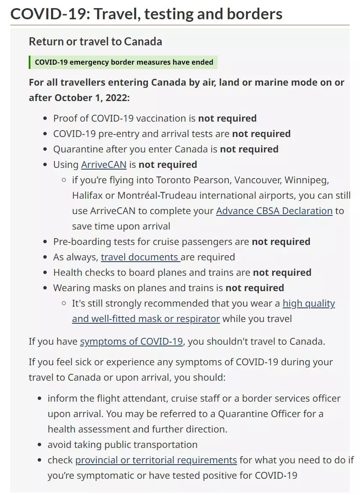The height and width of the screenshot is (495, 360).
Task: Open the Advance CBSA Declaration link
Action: point(274,211)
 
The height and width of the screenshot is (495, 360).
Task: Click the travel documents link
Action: point(140,257)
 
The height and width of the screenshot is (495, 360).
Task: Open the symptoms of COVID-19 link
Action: point(131,342)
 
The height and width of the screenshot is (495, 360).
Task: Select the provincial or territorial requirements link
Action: point(156,460)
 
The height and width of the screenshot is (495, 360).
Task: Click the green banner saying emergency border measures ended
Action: point(124,63)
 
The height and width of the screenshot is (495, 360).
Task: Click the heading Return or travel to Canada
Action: point(95,42)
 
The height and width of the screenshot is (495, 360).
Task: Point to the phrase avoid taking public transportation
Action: point(123,445)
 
